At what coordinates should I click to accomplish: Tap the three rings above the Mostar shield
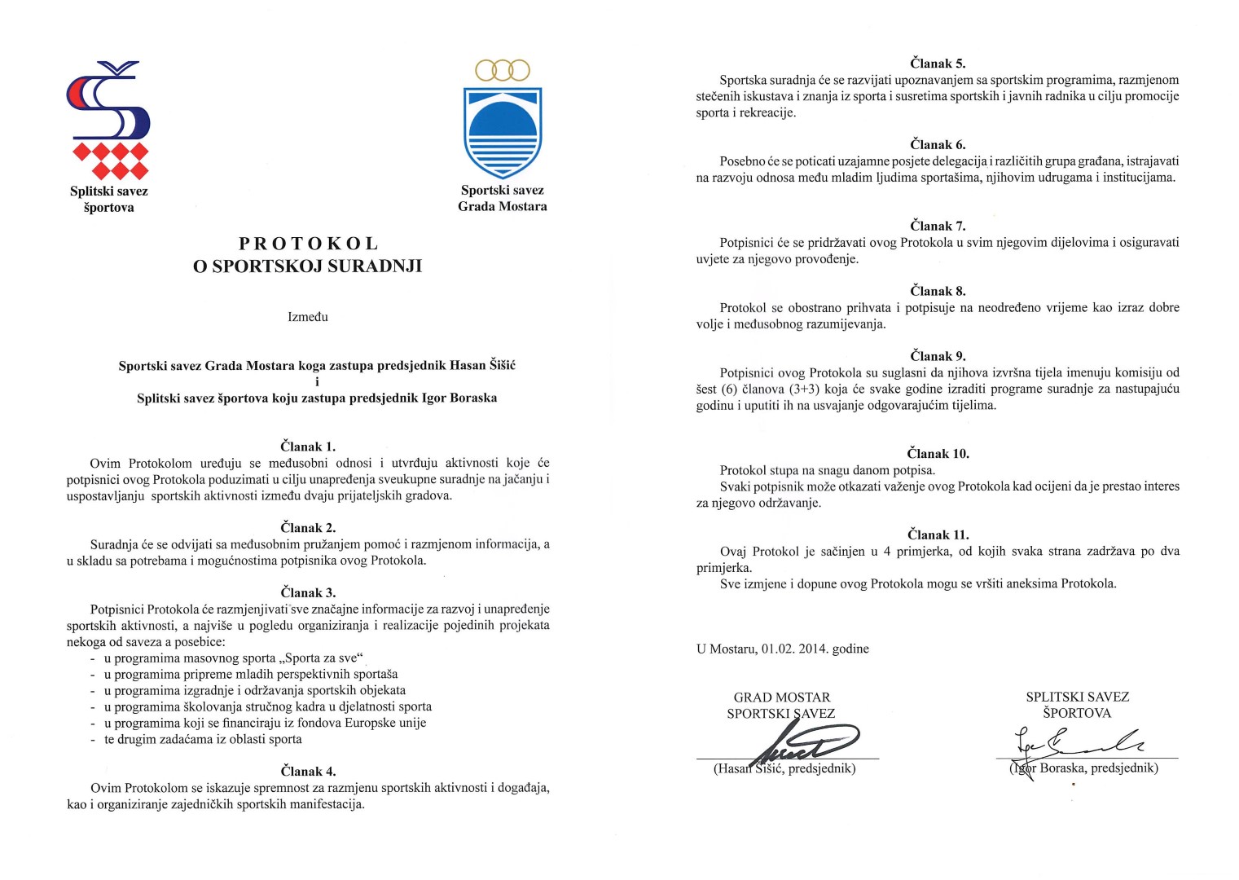[x=503, y=70]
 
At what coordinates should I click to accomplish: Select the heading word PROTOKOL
[x=309, y=244]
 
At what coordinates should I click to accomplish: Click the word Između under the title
[x=308, y=317]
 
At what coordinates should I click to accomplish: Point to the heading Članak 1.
[x=308, y=447]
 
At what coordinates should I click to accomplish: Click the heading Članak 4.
[x=308, y=771]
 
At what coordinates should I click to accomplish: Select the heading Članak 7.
[x=938, y=226]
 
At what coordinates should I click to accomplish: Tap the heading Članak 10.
[x=938, y=453]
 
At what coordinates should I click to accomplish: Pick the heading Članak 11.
[x=938, y=535]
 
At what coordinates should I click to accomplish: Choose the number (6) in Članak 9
[x=729, y=389]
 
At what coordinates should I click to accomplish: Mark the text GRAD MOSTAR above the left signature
[x=781, y=697]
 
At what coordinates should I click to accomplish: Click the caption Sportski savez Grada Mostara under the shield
[x=503, y=198]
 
